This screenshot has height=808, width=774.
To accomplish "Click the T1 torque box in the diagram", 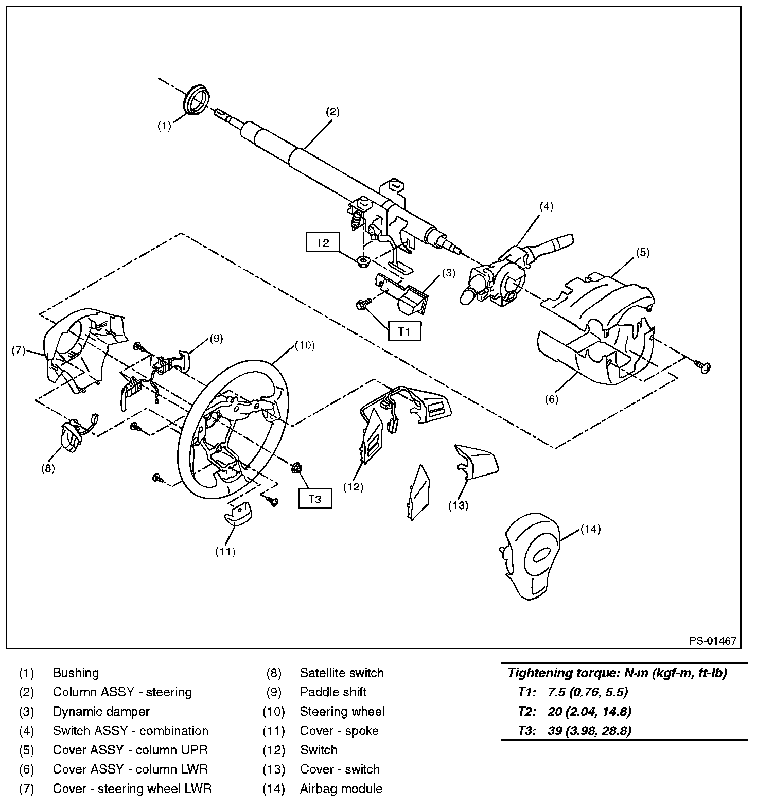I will click(x=404, y=331).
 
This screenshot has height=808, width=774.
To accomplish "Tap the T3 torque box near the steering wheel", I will click(x=314, y=499).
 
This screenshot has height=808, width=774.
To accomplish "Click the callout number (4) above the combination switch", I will click(x=546, y=206).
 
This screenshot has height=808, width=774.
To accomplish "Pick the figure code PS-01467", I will click(x=713, y=641).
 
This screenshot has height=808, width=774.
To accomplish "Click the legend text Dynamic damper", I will click(x=101, y=712).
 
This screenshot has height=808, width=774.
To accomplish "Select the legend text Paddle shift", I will click(x=333, y=692).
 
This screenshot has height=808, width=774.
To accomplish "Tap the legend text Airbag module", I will click(x=341, y=788).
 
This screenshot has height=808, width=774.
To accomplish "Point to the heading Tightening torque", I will click(x=617, y=673).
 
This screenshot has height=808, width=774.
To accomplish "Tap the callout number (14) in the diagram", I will click(x=590, y=529).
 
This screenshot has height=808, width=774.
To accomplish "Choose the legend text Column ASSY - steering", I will click(x=122, y=692).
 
